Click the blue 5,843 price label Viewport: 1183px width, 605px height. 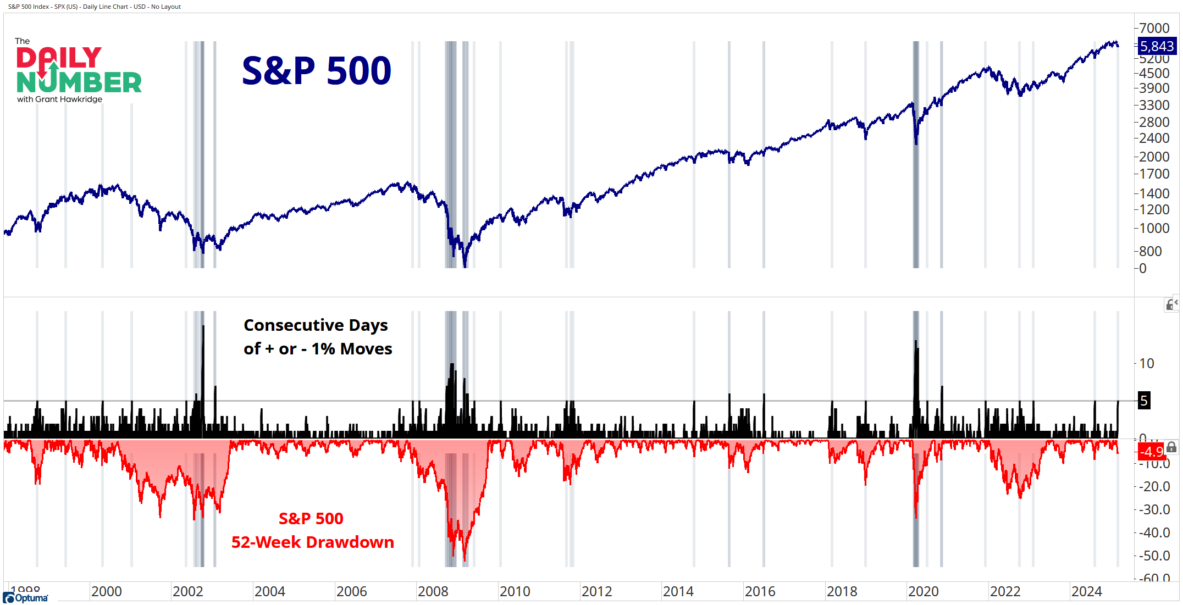click(1157, 46)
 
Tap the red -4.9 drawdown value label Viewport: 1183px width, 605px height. click(1152, 451)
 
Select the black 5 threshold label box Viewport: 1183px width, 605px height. click(1144, 401)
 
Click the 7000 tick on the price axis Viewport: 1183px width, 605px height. click(1154, 28)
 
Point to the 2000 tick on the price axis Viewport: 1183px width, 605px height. click(1154, 157)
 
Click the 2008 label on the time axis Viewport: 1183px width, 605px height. click(433, 591)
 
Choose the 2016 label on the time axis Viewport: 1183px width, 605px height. click(760, 591)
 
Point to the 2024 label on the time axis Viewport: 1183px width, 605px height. click(1086, 591)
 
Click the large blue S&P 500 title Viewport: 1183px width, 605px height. click(317, 71)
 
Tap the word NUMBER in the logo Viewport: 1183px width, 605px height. click(79, 82)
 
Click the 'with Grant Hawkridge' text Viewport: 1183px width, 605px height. click(59, 99)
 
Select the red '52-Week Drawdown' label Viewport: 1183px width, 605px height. click(312, 542)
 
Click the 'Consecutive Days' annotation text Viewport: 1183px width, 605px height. click(316, 325)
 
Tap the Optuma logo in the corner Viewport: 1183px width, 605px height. click(26, 598)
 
